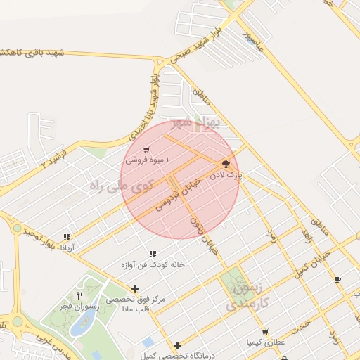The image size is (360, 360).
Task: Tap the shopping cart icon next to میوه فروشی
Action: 146,150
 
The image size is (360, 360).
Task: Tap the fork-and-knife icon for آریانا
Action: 67,238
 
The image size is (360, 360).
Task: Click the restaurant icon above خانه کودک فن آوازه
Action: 153,254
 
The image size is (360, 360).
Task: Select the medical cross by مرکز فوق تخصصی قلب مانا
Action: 136,288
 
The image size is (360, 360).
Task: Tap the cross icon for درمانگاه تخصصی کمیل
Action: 178,345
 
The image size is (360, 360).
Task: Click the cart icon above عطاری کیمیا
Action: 264,332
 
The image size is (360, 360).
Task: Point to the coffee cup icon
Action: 338,279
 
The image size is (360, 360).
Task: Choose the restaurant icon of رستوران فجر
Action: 79,296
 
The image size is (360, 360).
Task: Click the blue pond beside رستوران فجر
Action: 85,322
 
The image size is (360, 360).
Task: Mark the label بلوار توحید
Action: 39,239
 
